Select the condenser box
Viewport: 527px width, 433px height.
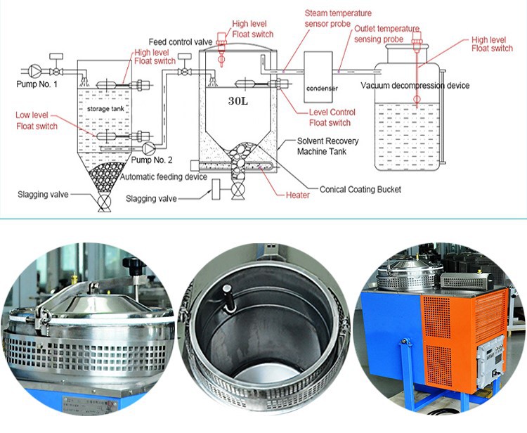[x=320, y=79]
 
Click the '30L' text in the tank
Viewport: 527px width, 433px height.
[x=238, y=100]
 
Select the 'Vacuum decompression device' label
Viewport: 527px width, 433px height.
[x=415, y=86]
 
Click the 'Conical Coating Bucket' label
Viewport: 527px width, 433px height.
[x=359, y=189]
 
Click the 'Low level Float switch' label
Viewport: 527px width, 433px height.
[x=37, y=120]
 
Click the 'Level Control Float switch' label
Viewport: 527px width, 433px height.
[x=332, y=117]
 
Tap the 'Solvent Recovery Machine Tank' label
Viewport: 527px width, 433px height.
[x=327, y=146]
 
